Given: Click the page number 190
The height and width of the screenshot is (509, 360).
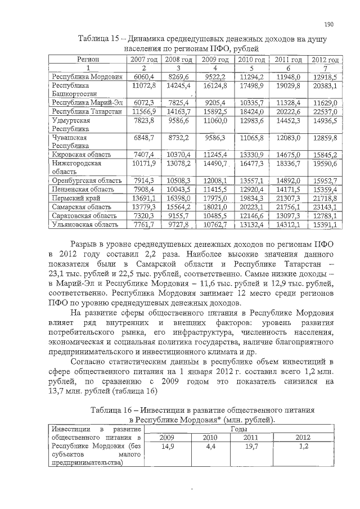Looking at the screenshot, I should (330, 24).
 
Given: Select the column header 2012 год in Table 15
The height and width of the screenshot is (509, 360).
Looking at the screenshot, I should (325, 59).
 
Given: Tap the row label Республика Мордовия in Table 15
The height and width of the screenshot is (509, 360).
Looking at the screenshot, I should (87, 76).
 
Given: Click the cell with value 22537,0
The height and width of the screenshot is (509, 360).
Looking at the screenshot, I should (325, 112).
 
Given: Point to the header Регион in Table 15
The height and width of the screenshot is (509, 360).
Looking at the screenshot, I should (88, 59).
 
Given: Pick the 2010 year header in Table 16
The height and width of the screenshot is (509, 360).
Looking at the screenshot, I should (210, 437).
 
